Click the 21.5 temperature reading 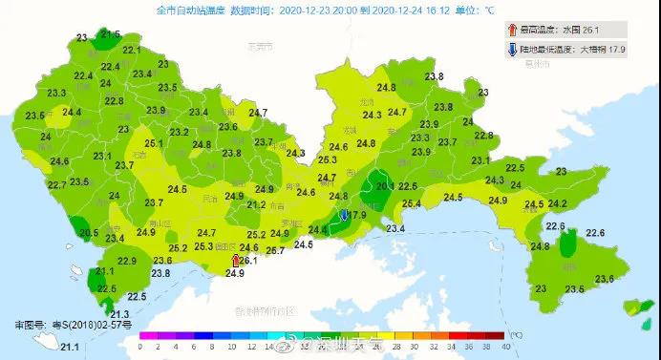[x=110, y=34]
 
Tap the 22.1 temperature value [x=132, y=50]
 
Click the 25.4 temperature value [x=412, y=203]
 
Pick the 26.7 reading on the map [x=275, y=250]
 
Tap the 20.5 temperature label [x=88, y=233]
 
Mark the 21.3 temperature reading [x=119, y=314]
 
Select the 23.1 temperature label [x=480, y=160]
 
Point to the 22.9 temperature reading [x=126, y=262]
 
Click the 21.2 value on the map [x=256, y=204]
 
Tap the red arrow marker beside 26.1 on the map [x=236, y=259]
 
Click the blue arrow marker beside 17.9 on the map [x=345, y=216]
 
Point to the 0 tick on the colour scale [x=140, y=347]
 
